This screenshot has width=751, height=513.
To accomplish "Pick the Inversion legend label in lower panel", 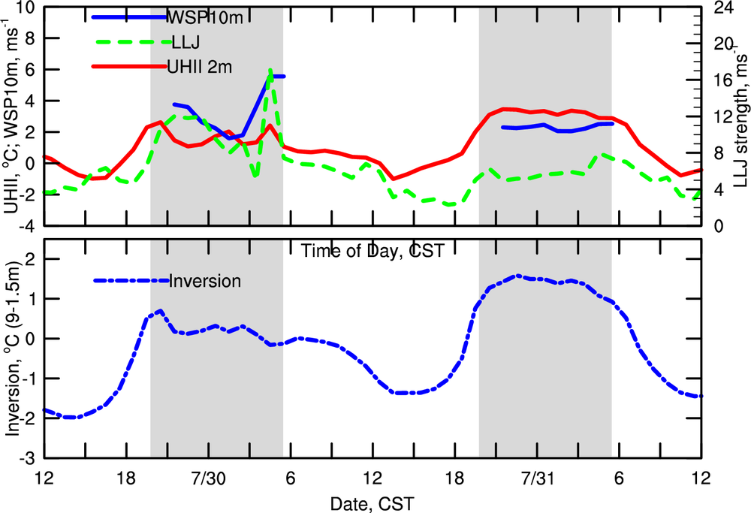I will [x=205, y=281].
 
